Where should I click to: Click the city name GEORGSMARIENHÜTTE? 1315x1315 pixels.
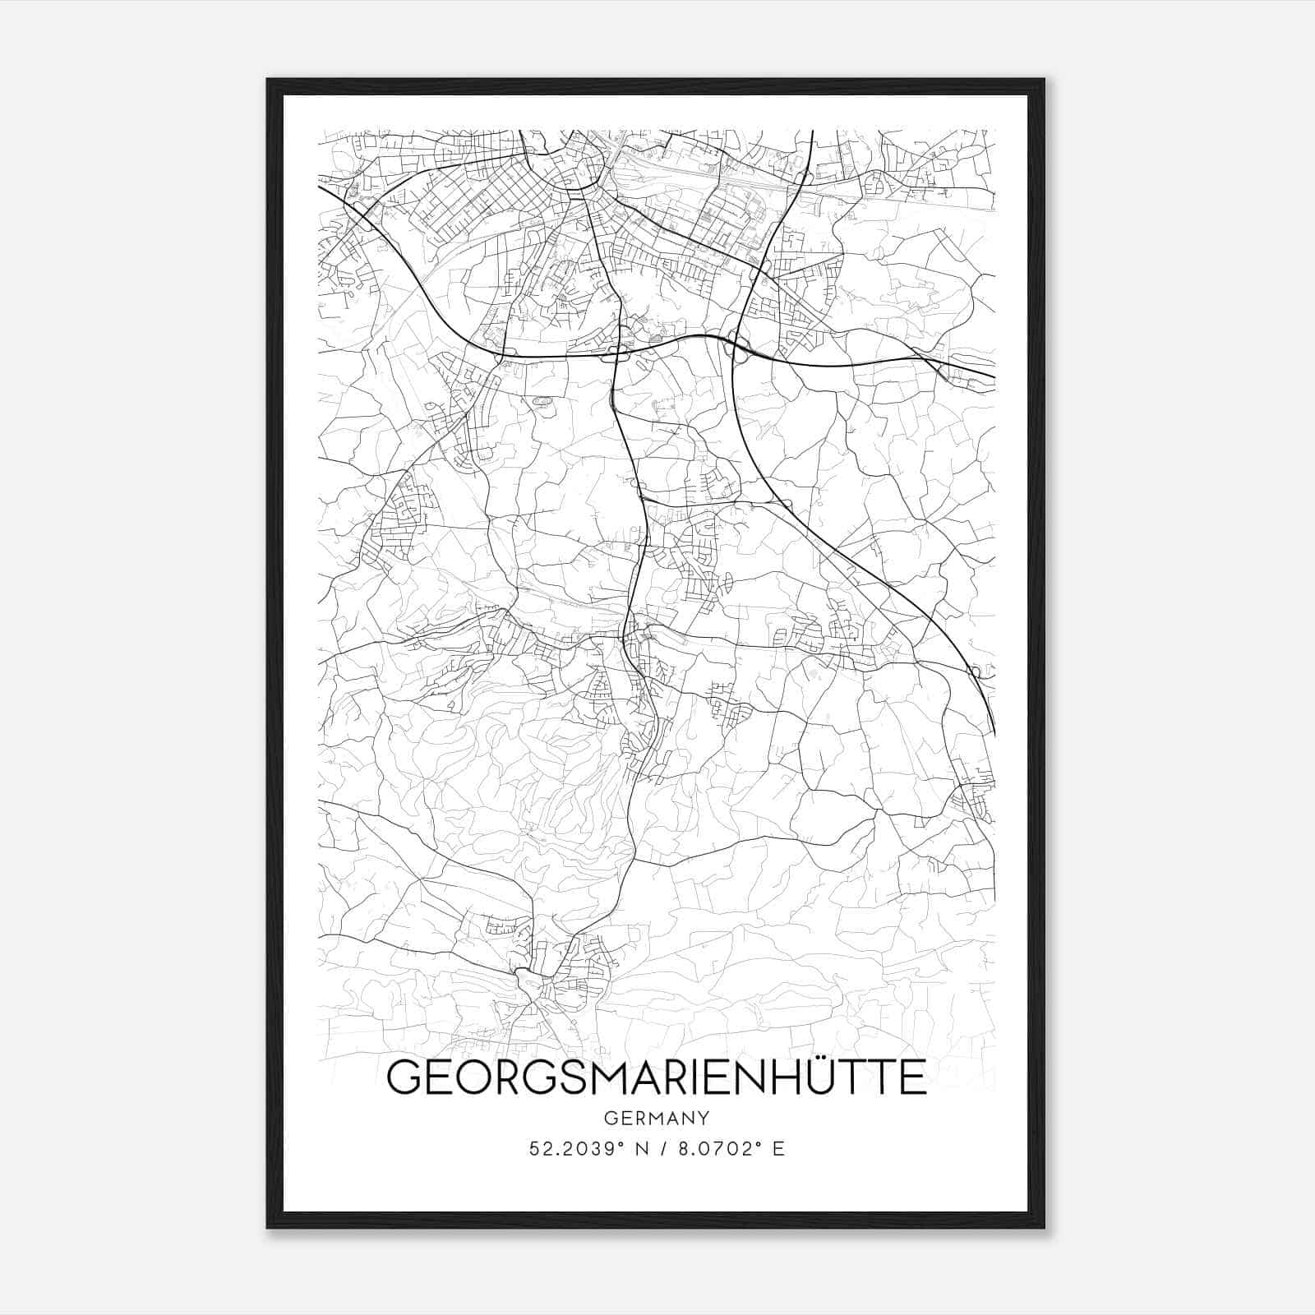tap(657, 1078)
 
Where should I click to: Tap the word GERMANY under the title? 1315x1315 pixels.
tap(657, 1119)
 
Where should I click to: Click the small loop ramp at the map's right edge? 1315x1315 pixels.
tap(976, 672)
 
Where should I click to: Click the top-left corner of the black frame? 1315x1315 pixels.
tap(268, 80)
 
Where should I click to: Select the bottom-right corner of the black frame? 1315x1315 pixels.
tap(1044, 1227)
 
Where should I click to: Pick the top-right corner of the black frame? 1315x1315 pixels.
tap(1044, 80)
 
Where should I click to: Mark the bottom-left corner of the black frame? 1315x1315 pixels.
tap(268, 1227)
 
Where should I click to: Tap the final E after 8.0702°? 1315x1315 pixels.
tap(778, 1149)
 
